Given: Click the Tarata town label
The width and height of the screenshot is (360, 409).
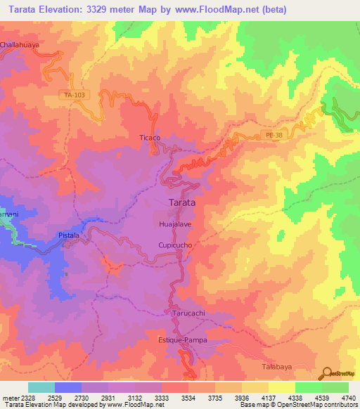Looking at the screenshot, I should click(182, 202).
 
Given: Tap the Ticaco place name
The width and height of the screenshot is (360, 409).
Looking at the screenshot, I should click(150, 138).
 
